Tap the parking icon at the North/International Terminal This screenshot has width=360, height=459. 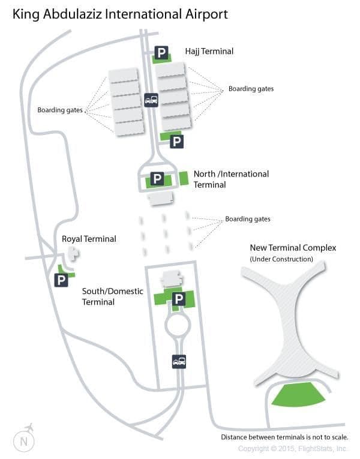coord(157,179)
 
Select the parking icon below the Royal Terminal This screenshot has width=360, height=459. coord(61,280)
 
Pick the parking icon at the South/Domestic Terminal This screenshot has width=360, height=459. coord(178,299)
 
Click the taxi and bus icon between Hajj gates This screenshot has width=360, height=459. coord(152,100)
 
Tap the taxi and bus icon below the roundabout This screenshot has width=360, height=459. coord(179,361)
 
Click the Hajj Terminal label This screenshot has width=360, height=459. coord(209,52)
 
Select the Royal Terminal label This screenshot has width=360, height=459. coord(89,239)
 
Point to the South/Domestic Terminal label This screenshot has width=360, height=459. coord(112,296)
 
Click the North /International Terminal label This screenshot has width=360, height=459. coord(231,179)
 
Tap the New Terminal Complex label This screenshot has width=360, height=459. coord(293,248)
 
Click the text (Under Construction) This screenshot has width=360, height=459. coord(281,259)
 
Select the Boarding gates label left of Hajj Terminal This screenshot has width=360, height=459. coord(60,110)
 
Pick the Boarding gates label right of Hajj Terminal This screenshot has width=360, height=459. coord(251,89)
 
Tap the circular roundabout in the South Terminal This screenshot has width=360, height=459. coord(178,328)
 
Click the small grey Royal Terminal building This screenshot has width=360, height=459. coord(73,254)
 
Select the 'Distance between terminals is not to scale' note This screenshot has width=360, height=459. coord(284,437)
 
